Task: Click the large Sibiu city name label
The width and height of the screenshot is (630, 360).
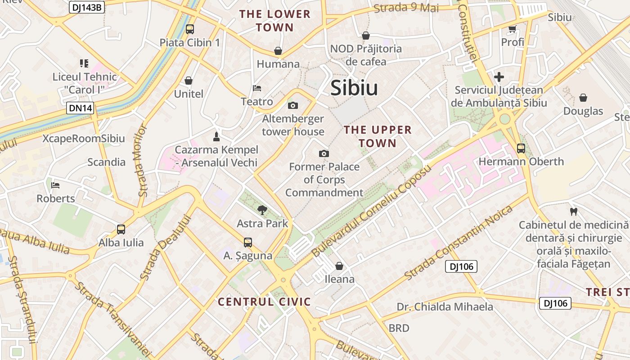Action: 354,88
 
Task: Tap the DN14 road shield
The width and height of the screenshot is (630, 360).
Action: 81,108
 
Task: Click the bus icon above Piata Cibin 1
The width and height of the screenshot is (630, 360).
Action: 190,29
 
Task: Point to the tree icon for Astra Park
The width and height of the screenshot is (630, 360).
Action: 262,209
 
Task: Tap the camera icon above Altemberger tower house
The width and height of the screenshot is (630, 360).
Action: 293,106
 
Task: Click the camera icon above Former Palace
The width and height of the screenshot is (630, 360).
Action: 324,154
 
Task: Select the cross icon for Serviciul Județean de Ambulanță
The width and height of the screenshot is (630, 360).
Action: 499,77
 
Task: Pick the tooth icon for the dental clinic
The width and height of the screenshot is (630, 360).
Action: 573,211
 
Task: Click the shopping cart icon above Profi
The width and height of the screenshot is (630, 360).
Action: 512,29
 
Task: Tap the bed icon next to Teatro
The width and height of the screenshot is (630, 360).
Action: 257,88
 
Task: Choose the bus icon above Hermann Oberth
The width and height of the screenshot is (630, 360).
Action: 521,148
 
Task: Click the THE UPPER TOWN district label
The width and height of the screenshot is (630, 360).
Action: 378,137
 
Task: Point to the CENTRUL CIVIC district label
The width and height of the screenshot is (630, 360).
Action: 265,301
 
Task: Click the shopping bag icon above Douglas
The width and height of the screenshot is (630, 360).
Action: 583,98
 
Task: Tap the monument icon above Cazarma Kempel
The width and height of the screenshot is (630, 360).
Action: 216,136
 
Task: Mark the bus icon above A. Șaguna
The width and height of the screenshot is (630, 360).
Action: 248,243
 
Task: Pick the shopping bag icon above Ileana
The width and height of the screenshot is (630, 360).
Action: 339,266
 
